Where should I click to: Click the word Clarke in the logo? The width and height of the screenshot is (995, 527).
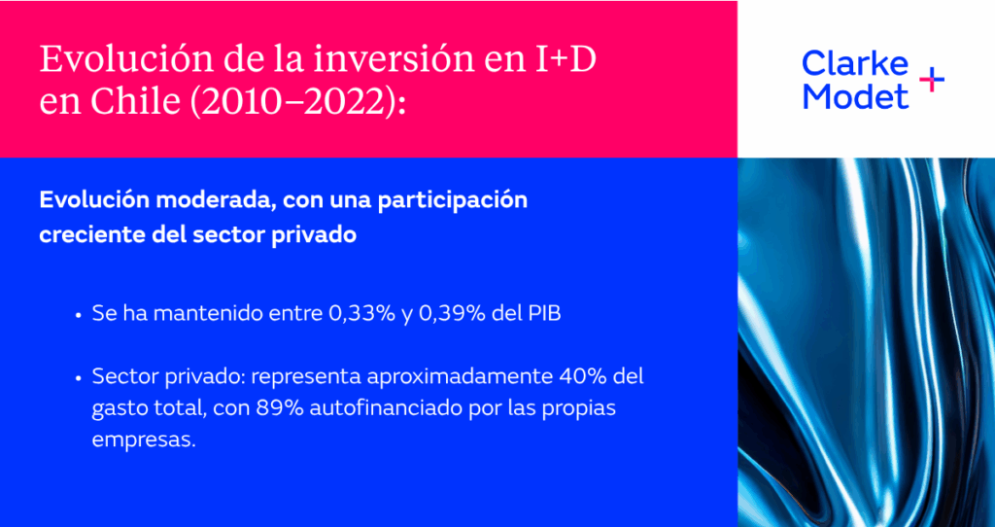click(855, 63)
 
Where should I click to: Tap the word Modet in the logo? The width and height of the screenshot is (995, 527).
click(855, 95)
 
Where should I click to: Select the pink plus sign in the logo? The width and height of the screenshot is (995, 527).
click(932, 80)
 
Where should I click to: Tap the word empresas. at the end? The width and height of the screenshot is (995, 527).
click(144, 441)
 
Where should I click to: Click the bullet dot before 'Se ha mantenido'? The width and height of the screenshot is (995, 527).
click(78, 315)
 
